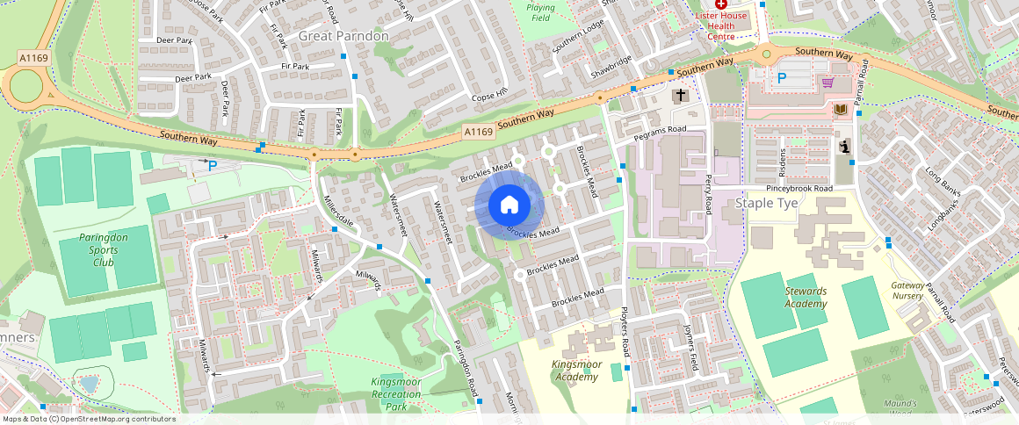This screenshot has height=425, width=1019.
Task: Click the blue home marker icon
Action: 509,205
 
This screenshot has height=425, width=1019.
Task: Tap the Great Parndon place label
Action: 343,36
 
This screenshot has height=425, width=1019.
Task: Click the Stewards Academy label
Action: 806,298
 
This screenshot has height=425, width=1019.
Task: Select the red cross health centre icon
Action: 720,5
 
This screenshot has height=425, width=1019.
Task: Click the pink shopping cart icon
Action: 827,83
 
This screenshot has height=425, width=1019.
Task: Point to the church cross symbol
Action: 679,95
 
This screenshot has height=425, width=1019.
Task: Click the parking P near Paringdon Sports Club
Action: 212,164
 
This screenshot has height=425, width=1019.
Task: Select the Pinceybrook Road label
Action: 799,189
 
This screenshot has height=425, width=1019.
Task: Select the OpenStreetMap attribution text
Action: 89,419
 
